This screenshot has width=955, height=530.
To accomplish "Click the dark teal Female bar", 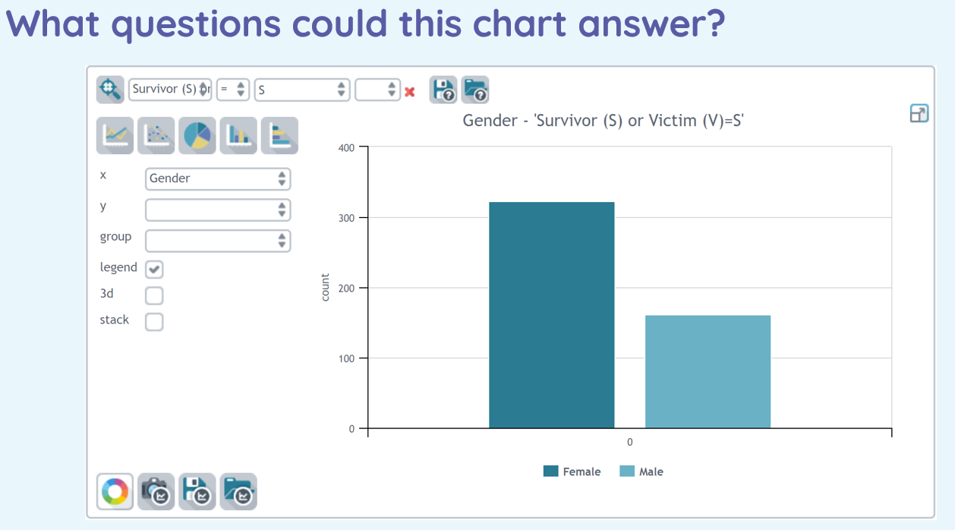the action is coord(552,315).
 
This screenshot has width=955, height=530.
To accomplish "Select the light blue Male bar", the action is coord(708,372).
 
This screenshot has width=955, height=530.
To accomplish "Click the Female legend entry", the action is coord(572,472).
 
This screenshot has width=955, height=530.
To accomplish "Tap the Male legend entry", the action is coord(641,472).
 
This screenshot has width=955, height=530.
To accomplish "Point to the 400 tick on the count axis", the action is coord(346,147).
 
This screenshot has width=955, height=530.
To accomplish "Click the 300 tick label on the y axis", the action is coord(346,218).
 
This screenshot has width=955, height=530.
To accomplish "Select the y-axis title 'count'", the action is coord(325,287).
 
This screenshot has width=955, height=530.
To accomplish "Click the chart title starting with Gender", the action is coord(604,121).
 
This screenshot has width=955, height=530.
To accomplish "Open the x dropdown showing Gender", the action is coord(218,178).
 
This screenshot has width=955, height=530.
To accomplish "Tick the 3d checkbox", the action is coord(154,295).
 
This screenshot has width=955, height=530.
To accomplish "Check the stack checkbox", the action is coord(154,321).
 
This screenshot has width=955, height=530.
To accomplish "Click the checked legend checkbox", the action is coord(154,269).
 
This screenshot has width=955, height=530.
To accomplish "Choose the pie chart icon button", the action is coord(197,136).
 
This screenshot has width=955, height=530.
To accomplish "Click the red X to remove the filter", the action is coord(410,92).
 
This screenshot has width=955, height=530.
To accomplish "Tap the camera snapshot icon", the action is coord(156,491).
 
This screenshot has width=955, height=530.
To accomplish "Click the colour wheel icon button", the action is coord(115,491).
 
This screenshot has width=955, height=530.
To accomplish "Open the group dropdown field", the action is coord(218,241).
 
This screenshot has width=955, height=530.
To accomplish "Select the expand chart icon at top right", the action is coord(919,114).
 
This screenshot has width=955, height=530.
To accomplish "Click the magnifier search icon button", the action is coord(110,90).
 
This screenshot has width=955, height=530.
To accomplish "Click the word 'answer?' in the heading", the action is coord(651,24).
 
